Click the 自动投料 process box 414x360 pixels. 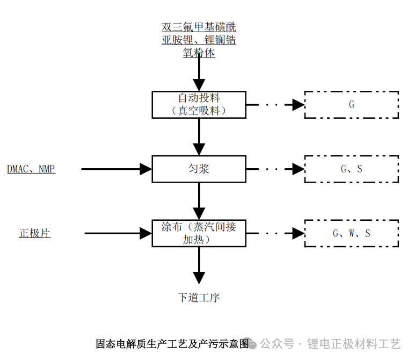[x=199, y=104]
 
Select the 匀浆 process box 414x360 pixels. [x=199, y=169]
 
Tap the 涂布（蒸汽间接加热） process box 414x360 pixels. [x=199, y=233]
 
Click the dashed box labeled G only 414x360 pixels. [x=351, y=104]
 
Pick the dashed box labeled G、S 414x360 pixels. [x=351, y=169]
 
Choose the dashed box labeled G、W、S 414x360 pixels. [x=351, y=233]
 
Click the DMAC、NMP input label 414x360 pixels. [x=31, y=169]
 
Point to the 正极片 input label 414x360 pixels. [x=35, y=233]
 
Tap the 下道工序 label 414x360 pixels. [x=199, y=297]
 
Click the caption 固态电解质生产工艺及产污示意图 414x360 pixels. [x=172, y=343]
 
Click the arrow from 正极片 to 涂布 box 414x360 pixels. [x=118, y=233]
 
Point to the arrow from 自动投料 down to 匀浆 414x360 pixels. [x=199, y=136]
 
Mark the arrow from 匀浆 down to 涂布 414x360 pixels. [x=199, y=201]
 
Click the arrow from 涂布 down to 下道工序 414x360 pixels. [x=199, y=265]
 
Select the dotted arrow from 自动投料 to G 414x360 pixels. [x=275, y=105]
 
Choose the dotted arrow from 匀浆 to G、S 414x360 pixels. [x=275, y=169]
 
